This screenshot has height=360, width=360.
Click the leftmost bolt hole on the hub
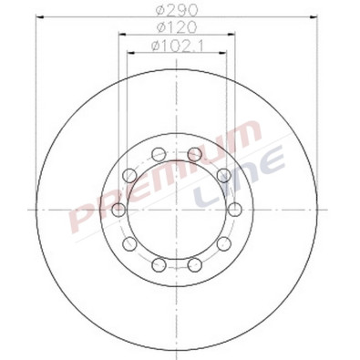coord(118,211)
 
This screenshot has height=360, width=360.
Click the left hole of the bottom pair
coord(159,265)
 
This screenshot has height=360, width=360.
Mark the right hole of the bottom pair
coord(195,265)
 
